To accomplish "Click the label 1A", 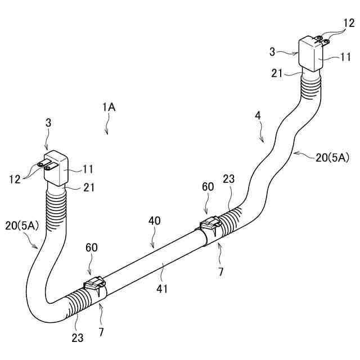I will pyautogui.click(x=109, y=107).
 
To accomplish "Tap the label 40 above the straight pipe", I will pyautogui.click(x=154, y=221).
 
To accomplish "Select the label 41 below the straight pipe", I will pyautogui.click(x=163, y=289).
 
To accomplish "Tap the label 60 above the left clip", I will pyautogui.click(x=92, y=247).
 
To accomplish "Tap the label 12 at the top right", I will pyautogui.click(x=349, y=23).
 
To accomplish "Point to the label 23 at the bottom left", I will pyautogui.click(x=78, y=337).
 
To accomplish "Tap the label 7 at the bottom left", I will pyautogui.click(x=101, y=332).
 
